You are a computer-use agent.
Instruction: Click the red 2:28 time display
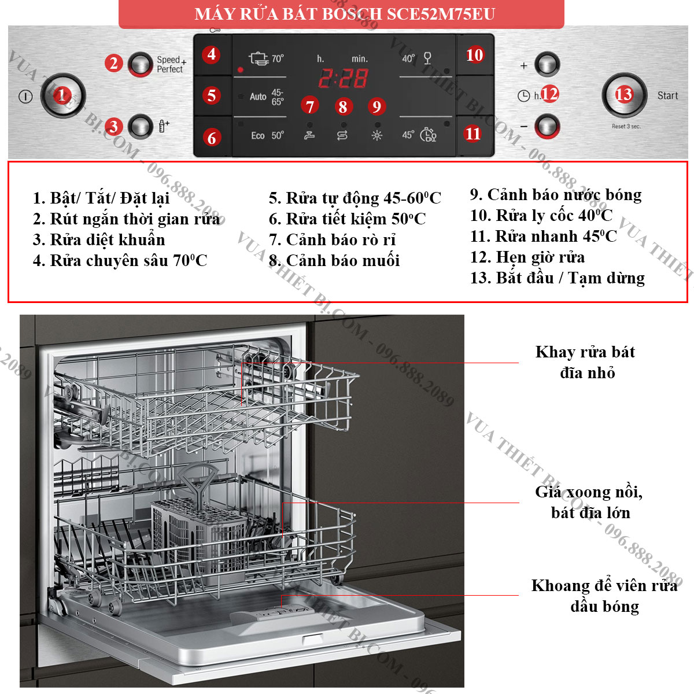(x=343, y=78)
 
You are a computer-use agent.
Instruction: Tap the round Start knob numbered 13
(x=624, y=95)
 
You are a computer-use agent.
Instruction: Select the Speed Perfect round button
(x=140, y=64)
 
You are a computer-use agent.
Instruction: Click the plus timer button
(x=547, y=64)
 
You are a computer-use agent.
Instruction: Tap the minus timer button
(x=547, y=127)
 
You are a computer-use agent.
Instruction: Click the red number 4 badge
(x=211, y=55)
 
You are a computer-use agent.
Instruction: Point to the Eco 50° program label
(x=267, y=135)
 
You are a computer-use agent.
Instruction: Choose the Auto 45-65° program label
(x=267, y=97)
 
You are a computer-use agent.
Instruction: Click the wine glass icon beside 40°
(x=427, y=58)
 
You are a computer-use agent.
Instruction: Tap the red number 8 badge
(x=343, y=106)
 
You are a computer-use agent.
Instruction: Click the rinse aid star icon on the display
(x=376, y=135)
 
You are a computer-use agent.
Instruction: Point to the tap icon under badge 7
(x=309, y=135)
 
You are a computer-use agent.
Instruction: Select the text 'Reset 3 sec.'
(x=626, y=127)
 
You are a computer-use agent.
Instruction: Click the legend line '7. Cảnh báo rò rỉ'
(x=332, y=240)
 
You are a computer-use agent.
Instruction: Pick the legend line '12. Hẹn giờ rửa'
(x=527, y=257)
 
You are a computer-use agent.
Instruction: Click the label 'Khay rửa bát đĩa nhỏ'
(x=586, y=362)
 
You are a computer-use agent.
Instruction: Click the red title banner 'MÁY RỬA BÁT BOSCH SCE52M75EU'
(x=341, y=14)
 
